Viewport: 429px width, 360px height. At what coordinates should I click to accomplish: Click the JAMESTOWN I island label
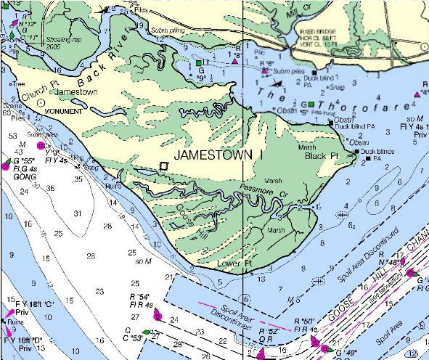click(217, 155)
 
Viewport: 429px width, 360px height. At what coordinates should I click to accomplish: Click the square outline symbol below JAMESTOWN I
click(163, 166)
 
